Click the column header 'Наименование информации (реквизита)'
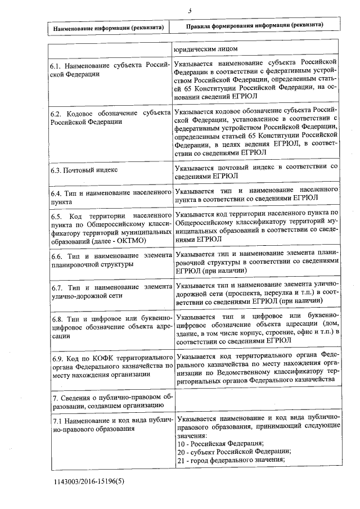tap(109, 27)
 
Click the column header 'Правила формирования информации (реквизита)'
tap(254, 26)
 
